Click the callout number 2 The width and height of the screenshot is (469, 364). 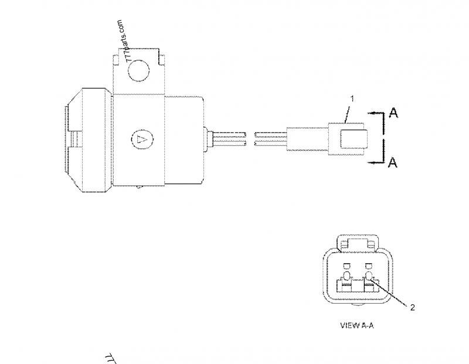tap(413, 307)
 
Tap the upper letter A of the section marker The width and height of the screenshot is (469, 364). tap(394, 113)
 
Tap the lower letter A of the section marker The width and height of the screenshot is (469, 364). tap(394, 162)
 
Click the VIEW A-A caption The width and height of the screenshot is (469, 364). tap(356, 325)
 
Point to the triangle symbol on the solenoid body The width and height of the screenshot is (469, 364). tap(141, 139)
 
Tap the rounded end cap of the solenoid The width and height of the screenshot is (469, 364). tap(66, 139)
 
